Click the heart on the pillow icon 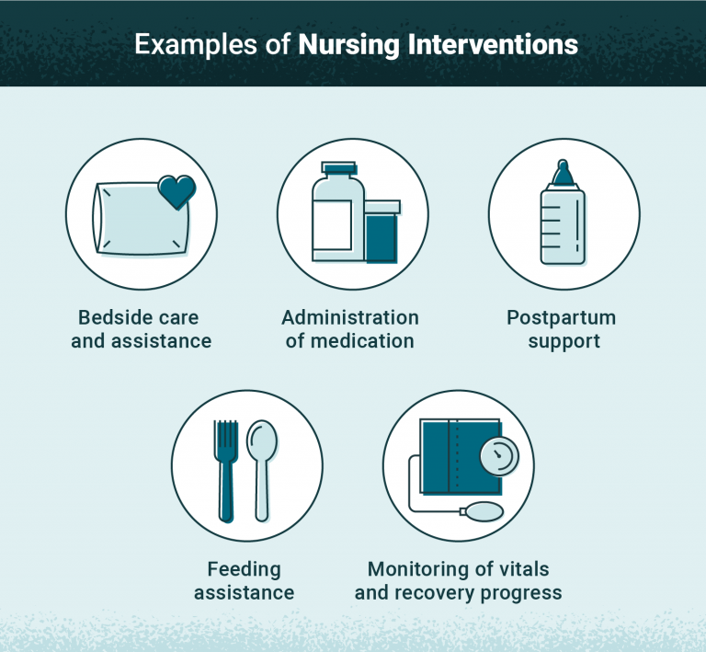pyautogui.click(x=176, y=191)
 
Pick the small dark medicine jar pyautogui.click(x=381, y=233)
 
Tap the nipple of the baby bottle pyautogui.click(x=562, y=172)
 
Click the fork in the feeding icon pyautogui.click(x=225, y=464)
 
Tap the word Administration pyautogui.click(x=350, y=318)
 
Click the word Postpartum pyautogui.click(x=562, y=318)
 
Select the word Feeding pyautogui.click(x=244, y=569)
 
